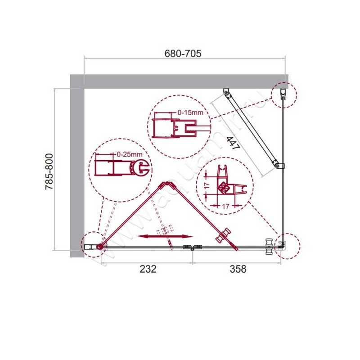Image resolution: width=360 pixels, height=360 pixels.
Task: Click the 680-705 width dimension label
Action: (x=183, y=53)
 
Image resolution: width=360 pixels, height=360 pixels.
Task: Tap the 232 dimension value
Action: (x=148, y=269)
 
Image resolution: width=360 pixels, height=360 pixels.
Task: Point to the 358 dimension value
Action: (x=238, y=269)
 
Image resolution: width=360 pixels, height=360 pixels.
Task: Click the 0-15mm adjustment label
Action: (x=191, y=112)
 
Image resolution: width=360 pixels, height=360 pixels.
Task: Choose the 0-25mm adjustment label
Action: (x=130, y=154)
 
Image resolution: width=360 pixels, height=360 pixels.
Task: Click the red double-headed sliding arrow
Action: (x=165, y=236)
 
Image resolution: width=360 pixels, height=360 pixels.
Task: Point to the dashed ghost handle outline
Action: (x=165, y=230)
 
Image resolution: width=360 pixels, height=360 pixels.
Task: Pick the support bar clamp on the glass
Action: (x=279, y=166)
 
